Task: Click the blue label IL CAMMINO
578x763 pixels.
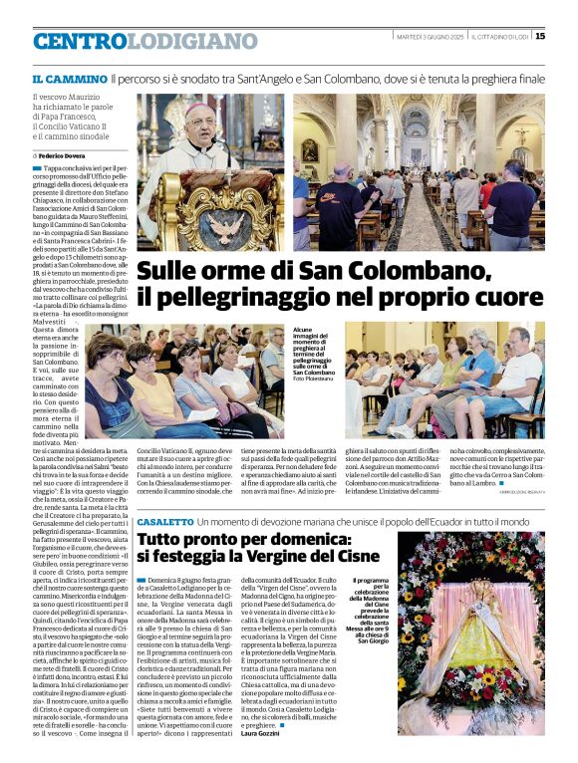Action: [69, 78]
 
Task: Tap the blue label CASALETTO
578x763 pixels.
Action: [165, 522]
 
